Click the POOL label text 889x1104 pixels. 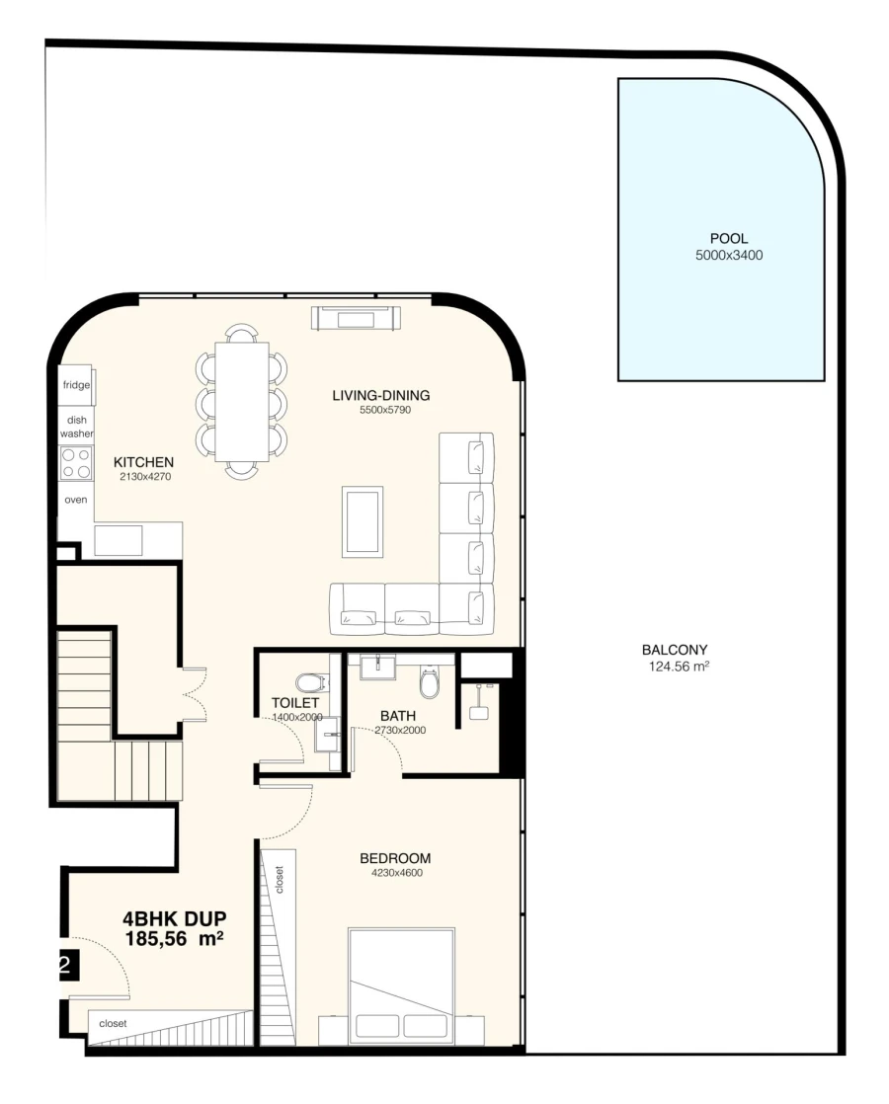click(x=729, y=239)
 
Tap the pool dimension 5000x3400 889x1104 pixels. click(x=729, y=255)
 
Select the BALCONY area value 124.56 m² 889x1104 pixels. click(x=675, y=667)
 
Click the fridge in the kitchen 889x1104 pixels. click(x=77, y=385)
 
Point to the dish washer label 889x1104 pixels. click(x=76, y=427)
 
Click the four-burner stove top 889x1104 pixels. click(x=76, y=463)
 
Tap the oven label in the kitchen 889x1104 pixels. click(x=76, y=500)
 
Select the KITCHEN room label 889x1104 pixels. click(x=143, y=461)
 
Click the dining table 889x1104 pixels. click(x=242, y=402)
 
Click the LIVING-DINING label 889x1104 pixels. click(x=380, y=396)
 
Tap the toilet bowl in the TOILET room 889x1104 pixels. click(x=311, y=682)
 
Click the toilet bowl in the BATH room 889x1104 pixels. click(x=430, y=681)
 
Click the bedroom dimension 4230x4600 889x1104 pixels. click(x=396, y=873)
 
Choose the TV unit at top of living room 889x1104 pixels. click(x=357, y=318)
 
